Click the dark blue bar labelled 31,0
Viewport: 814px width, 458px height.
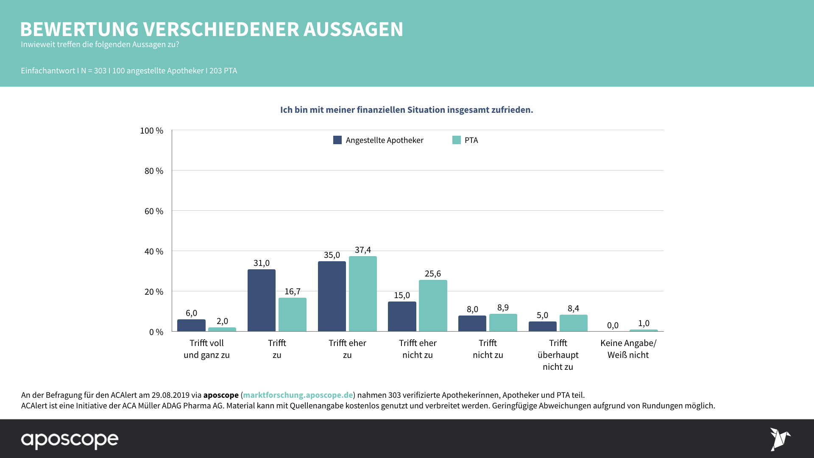(262, 300)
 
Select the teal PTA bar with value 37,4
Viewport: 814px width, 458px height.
(363, 293)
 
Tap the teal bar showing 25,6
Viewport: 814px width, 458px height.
(433, 305)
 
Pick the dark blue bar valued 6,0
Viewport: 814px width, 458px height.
(191, 325)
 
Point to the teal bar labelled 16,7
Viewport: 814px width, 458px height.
(293, 314)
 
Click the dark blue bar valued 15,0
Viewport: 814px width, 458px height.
(402, 316)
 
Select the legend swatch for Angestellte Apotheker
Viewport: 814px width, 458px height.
(337, 140)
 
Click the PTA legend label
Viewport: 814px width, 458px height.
(471, 140)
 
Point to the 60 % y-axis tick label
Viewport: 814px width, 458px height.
(154, 211)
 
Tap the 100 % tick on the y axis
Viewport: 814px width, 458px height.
(151, 131)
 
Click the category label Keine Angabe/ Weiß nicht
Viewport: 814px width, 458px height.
(628, 349)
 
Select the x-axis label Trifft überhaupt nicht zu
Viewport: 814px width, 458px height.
(558, 355)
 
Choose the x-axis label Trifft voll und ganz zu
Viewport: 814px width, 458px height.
(206, 349)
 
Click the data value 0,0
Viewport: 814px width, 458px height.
(613, 325)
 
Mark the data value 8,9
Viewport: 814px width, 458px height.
(503, 307)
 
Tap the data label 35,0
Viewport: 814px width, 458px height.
(332, 255)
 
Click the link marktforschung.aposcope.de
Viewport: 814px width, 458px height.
(298, 395)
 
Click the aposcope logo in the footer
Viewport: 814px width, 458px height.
(70, 440)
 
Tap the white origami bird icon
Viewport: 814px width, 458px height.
(780, 439)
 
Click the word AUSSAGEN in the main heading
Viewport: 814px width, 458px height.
(353, 29)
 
